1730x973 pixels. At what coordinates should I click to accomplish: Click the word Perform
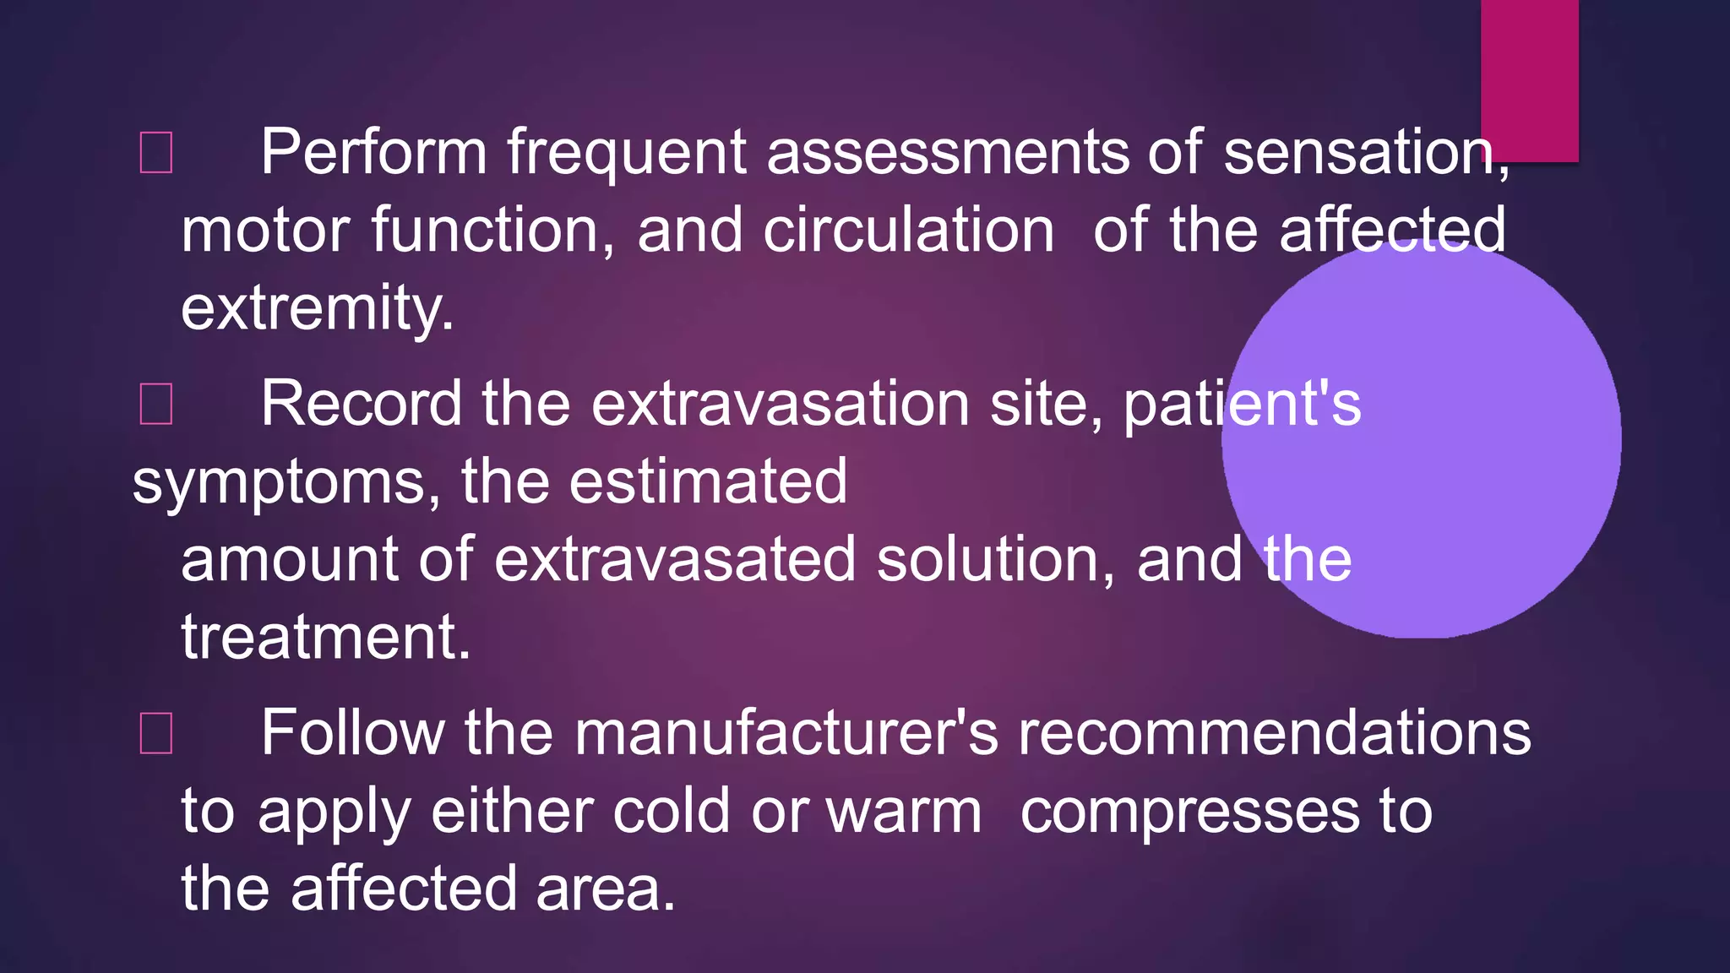[x=373, y=153]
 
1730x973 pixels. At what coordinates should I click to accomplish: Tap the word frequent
[x=626, y=153]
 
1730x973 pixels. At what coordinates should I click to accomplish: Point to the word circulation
[x=908, y=231]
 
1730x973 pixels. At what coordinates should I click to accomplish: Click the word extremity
[x=317, y=309]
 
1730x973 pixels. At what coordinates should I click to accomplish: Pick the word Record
[x=361, y=404]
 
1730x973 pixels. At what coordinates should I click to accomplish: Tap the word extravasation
[x=780, y=404]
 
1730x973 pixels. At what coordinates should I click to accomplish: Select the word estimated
[x=708, y=482]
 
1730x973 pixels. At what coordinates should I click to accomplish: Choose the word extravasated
[x=675, y=560]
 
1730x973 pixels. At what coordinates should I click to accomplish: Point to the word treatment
[x=325, y=638]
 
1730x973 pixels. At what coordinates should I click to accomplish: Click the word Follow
[x=351, y=732]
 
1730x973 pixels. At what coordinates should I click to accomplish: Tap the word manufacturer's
[x=786, y=732]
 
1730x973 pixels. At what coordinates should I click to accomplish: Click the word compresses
[x=1190, y=812]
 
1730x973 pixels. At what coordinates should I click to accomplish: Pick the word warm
[x=903, y=812]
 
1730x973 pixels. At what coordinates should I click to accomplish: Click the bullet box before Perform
[x=156, y=153]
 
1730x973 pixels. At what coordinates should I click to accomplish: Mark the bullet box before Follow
[x=156, y=732]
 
